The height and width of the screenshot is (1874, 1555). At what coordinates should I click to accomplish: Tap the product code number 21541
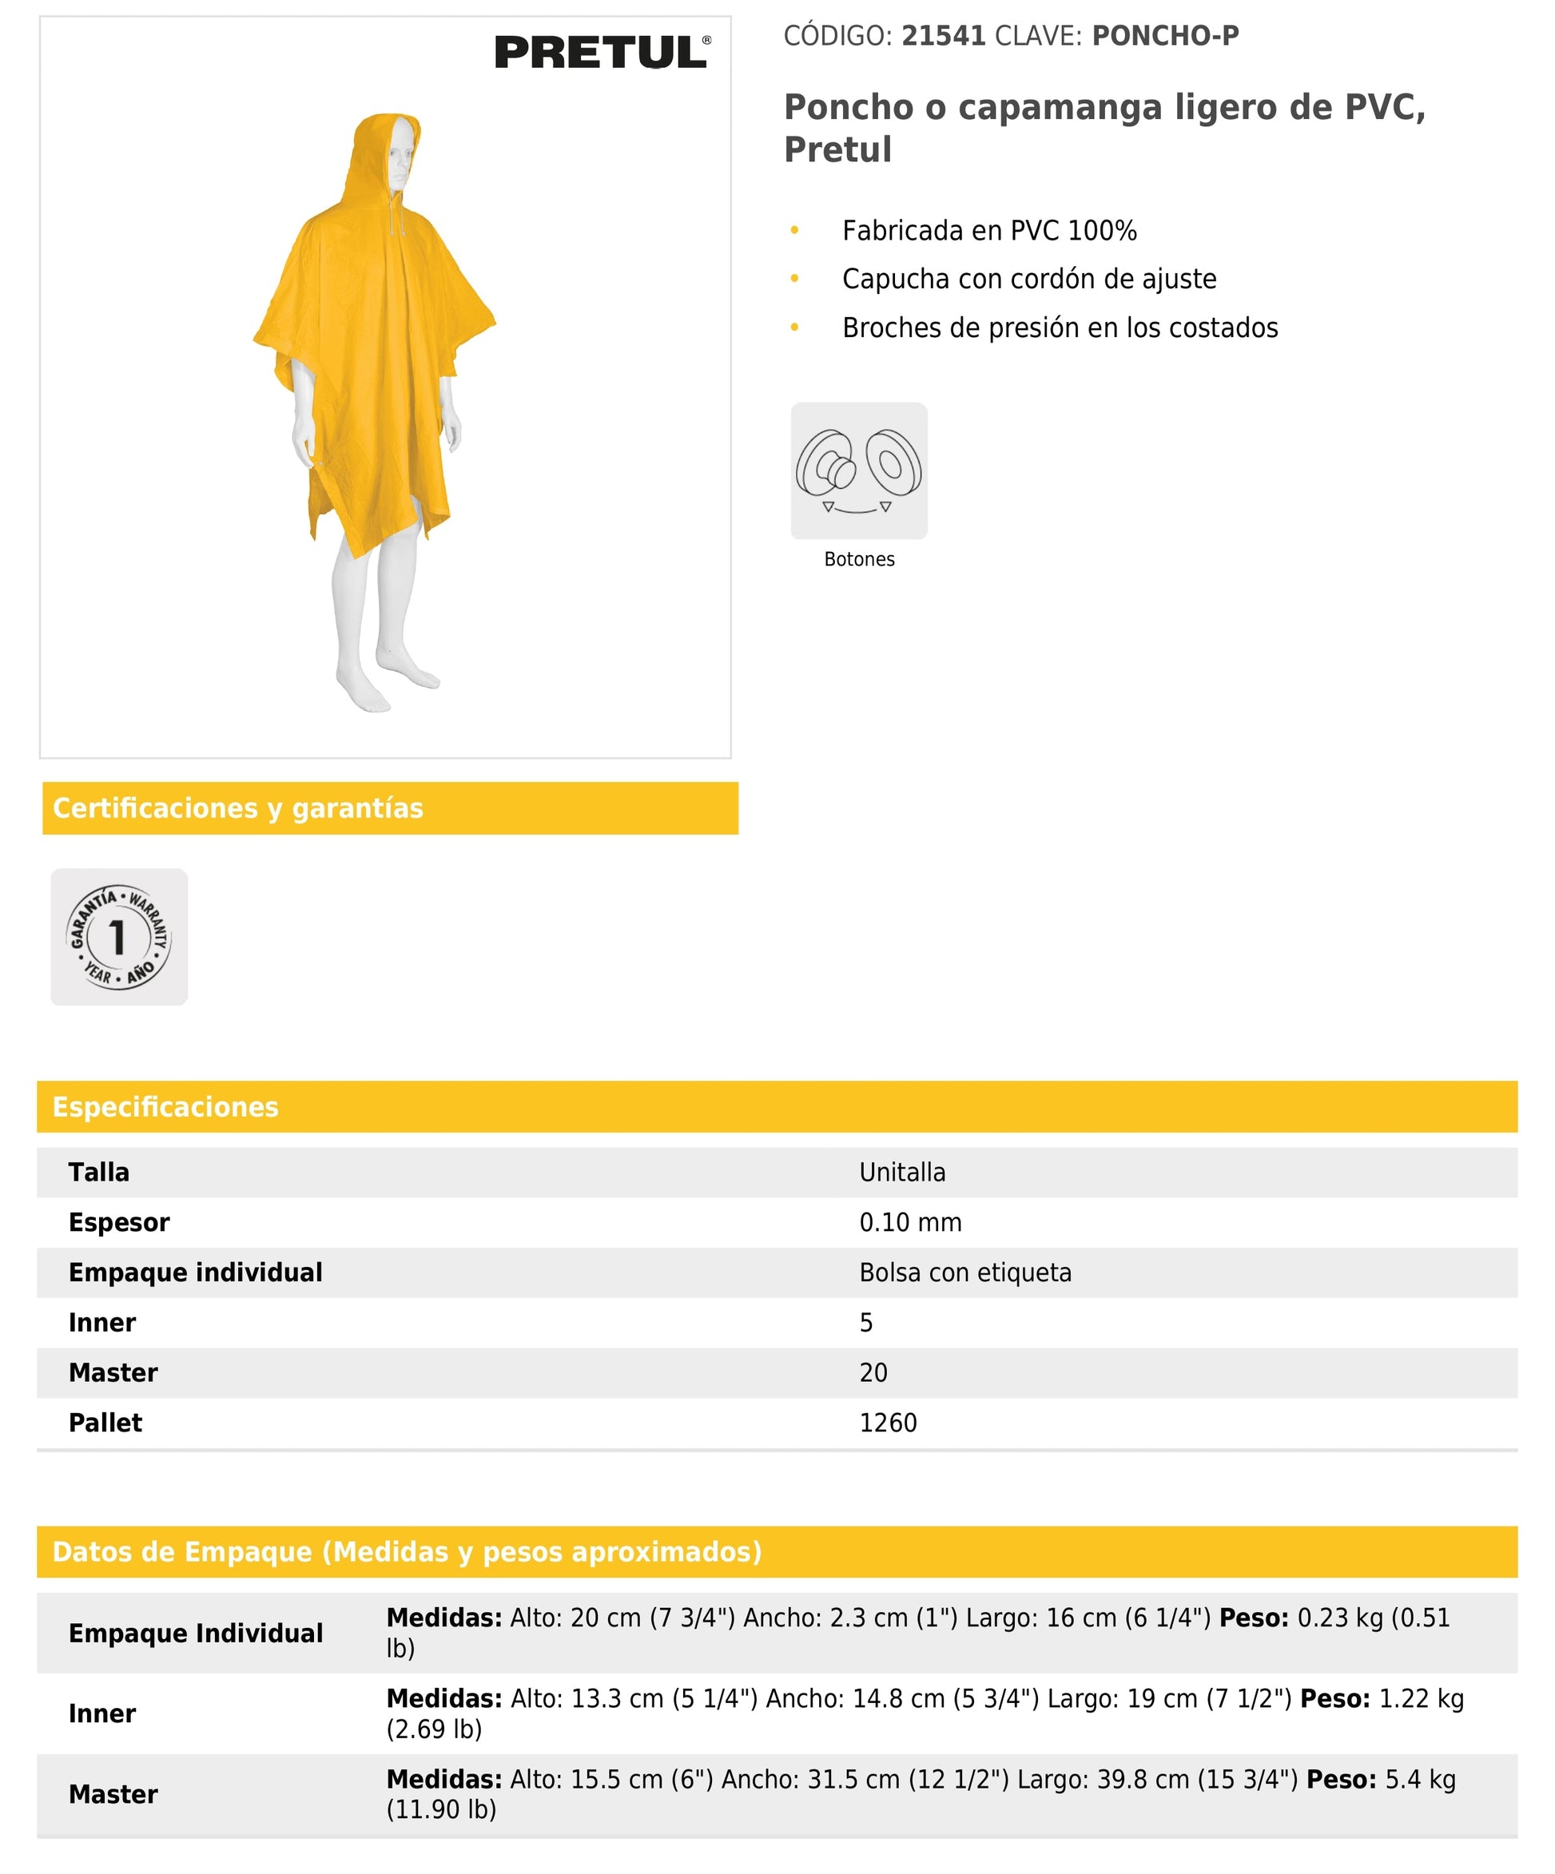coord(943,36)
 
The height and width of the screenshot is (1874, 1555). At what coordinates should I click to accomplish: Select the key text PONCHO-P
coord(1165,36)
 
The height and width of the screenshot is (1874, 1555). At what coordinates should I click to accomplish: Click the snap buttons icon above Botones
coord(859,470)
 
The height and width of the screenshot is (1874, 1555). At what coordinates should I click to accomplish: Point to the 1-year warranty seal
coord(119,937)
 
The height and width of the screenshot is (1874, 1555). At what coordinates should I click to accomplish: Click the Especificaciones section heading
coord(165,1106)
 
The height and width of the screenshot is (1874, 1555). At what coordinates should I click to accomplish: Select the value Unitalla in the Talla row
coord(901,1172)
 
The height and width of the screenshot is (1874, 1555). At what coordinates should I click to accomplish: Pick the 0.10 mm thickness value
coord(909,1221)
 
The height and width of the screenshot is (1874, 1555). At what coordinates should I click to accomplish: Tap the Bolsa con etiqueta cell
coord(965,1272)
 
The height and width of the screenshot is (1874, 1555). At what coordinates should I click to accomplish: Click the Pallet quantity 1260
coord(887,1422)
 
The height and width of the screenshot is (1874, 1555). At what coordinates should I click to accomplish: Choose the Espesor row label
coord(119,1221)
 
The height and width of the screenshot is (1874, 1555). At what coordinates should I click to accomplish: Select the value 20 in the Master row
coord(873,1372)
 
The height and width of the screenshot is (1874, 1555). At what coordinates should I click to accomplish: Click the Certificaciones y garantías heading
coord(237,808)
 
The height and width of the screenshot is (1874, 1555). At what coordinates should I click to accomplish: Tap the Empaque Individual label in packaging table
coord(196,1632)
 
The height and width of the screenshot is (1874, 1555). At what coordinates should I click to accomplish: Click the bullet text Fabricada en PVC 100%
coord(989,230)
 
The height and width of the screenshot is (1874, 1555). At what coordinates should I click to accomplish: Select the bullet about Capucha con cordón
coord(1028,279)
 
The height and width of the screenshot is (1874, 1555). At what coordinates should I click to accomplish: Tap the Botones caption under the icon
coord(859,558)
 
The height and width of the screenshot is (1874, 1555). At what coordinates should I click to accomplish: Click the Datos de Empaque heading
coord(407,1551)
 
